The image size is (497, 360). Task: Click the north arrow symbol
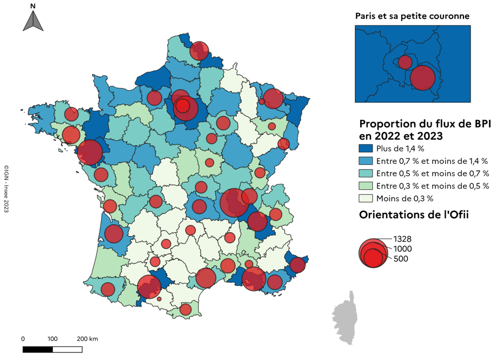pos(33,21)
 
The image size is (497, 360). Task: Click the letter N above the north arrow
pos(33,6)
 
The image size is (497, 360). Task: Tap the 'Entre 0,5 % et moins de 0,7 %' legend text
pos(432,174)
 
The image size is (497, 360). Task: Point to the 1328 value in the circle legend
pos(403,238)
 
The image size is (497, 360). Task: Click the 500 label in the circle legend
pos(401,259)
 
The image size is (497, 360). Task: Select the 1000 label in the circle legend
pos(403,249)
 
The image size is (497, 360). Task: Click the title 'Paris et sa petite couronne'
pos(412,16)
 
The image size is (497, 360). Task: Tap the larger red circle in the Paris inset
pos(422,77)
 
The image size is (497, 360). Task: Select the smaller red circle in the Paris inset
pos(405,62)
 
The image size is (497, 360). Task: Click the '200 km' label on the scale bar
pos(87,339)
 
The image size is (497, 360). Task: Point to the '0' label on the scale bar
pos(23,339)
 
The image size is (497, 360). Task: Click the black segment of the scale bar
pos(38,349)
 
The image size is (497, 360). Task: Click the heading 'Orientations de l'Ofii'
pos(413,215)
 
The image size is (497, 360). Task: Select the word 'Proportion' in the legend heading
pos(388,124)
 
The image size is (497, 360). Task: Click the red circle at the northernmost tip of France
pos(200,50)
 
